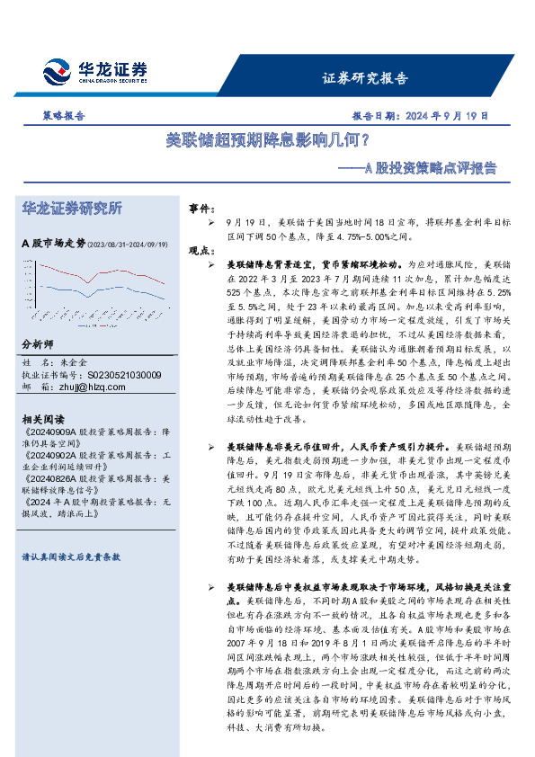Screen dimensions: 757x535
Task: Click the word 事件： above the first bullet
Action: pos(201,208)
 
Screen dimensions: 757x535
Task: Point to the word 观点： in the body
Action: pos(201,252)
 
